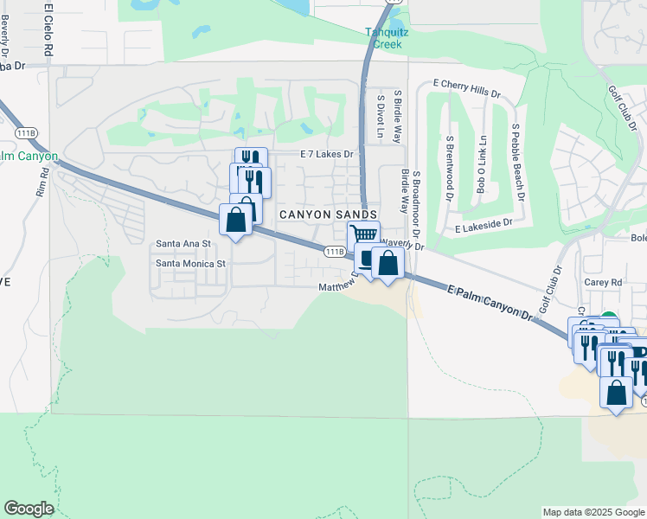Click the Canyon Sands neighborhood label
click(x=327, y=214)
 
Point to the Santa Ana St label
click(x=183, y=244)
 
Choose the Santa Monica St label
click(x=189, y=263)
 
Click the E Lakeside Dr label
click(x=484, y=223)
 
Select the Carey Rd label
click(x=603, y=282)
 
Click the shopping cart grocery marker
click(x=364, y=234)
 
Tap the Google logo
click(x=29, y=509)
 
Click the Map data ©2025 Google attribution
click(x=593, y=512)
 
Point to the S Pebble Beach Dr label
click(x=518, y=161)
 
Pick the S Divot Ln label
click(x=380, y=115)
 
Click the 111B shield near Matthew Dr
click(x=336, y=251)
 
